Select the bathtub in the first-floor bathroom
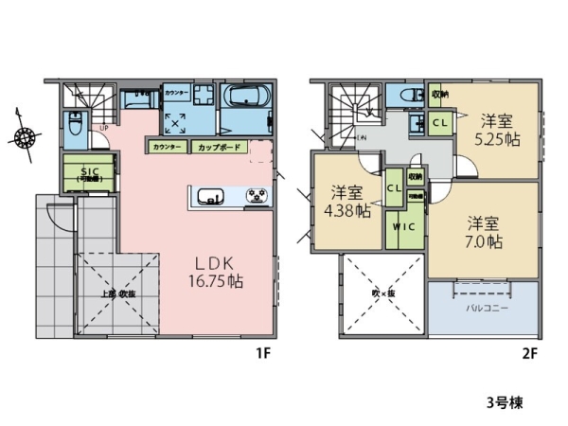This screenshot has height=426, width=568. [x=247, y=98]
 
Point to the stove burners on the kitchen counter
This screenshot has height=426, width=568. [x=255, y=197]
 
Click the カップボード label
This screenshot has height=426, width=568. [x=220, y=148]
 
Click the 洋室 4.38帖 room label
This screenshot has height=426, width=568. [x=348, y=202]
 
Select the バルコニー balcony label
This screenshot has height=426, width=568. [x=483, y=308]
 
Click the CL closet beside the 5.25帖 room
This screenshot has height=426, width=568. [x=440, y=122]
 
